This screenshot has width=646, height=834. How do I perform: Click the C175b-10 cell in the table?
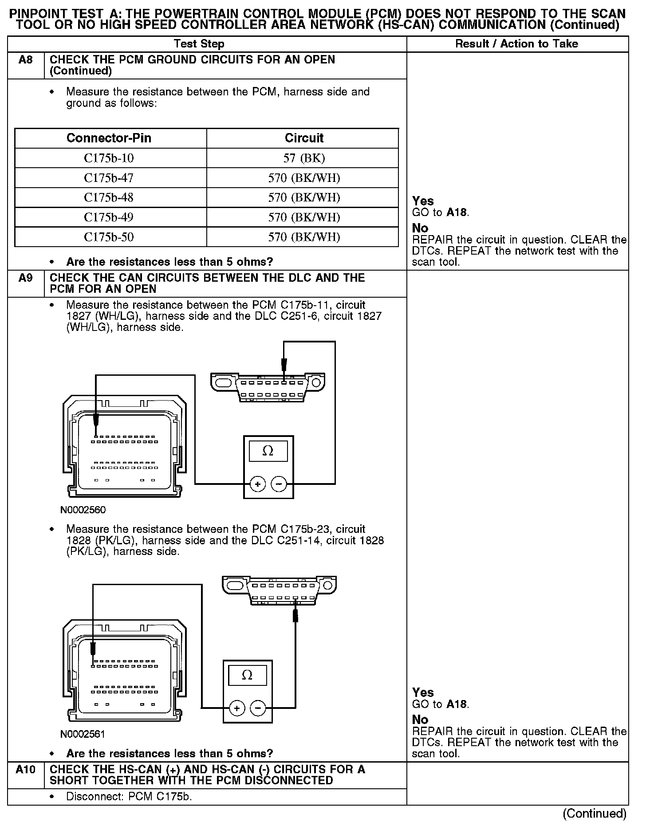pos(109,158)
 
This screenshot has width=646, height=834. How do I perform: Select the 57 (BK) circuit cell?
pos(304,158)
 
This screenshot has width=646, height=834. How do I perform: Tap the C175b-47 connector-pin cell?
pos(109,178)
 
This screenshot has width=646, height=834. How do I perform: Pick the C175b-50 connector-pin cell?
pos(109,237)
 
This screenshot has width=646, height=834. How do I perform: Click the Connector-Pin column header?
pos(109,138)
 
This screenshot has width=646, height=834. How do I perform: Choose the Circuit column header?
pos(304,138)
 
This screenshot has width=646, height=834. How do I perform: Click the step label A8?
pos(26,60)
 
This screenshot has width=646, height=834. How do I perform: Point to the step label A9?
pos(26,278)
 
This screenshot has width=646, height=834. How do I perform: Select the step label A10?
pos(25,769)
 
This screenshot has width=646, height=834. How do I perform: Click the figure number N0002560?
pos(83,510)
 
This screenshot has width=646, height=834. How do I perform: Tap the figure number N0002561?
pos(83,734)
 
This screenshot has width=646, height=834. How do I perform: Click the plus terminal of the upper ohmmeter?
pos(258,484)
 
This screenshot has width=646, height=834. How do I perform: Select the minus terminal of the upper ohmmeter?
pos(279,484)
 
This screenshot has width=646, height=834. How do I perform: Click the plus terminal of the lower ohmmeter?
pos(237,708)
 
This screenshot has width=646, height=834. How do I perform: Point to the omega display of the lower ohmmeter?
pos(247,676)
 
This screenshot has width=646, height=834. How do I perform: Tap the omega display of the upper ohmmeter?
pos(268,452)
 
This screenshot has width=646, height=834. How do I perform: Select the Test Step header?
pos(199,44)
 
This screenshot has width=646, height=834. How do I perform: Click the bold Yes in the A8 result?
pos(423,201)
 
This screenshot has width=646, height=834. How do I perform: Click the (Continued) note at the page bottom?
pos(594,813)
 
